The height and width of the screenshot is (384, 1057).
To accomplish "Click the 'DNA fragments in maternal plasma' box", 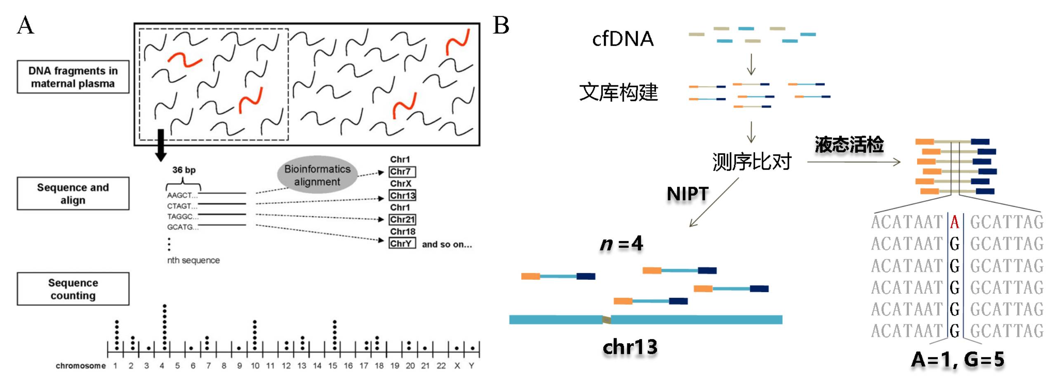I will coord(73,77).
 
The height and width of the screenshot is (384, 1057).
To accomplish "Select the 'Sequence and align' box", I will coord(73,194).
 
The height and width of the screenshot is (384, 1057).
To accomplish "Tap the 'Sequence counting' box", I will coord(73,289).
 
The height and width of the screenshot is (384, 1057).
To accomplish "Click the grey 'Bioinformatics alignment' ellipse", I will coord(317,175).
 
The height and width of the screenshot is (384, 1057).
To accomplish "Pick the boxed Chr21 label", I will coord(403,219).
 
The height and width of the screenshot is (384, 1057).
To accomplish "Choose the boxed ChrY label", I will coord(402,244).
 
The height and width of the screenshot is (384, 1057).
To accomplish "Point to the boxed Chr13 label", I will coord(403,195).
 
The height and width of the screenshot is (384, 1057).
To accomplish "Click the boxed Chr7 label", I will coord(402,171).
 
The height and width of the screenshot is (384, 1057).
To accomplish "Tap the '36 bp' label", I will coord(184,170).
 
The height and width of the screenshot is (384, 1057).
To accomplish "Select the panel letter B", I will coord(501,26).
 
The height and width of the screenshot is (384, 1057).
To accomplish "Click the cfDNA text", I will coord(623,39).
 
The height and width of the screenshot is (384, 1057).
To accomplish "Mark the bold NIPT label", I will coord(687,194).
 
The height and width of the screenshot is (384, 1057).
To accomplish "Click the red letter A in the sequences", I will coord(954,222).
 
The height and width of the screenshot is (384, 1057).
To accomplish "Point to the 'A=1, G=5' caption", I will coord(958,360).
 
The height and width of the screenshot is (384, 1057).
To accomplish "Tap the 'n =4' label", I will coord(621,244).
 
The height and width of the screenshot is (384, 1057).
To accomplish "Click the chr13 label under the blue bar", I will coord(630,347).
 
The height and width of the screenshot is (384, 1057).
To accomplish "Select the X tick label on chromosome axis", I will coord(457,365).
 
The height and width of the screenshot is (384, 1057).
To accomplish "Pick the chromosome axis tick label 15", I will coord(333,365).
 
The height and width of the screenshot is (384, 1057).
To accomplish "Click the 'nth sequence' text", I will coord(193,260).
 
